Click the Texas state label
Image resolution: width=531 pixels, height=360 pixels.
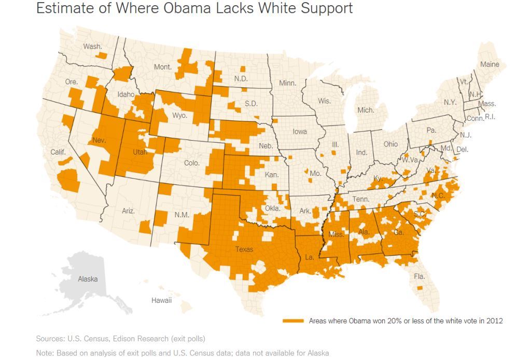(x=244, y=250)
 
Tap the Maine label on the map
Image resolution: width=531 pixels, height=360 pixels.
(x=490, y=64)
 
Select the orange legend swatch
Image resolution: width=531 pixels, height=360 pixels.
(x=293, y=321)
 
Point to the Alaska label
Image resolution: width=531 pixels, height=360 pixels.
(x=88, y=279)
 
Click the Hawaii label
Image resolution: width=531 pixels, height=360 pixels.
(x=161, y=300)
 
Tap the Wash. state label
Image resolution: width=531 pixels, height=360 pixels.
(x=92, y=47)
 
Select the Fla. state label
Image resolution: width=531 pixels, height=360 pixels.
(x=419, y=276)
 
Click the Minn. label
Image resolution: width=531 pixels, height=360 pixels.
(x=287, y=83)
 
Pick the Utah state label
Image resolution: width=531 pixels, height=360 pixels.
(x=140, y=153)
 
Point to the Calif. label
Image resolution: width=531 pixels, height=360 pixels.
(x=58, y=153)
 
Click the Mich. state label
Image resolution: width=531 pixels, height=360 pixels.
(x=366, y=110)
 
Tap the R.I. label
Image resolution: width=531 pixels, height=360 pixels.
(x=490, y=117)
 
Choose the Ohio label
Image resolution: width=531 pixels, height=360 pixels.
(x=390, y=144)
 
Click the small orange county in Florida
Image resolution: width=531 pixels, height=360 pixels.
(x=419, y=287)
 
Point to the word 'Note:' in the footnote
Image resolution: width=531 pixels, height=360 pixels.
(x=46, y=353)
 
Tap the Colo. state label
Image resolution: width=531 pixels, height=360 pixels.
(x=191, y=163)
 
